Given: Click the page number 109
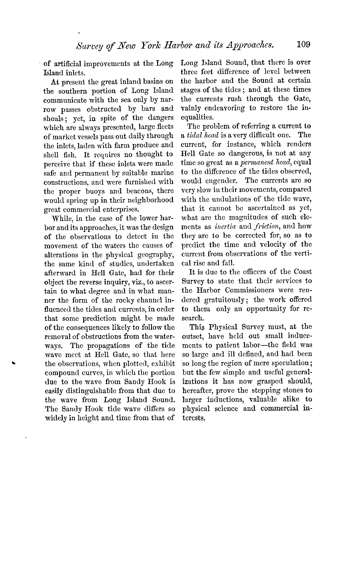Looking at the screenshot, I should pyautogui.click(x=303, y=44).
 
